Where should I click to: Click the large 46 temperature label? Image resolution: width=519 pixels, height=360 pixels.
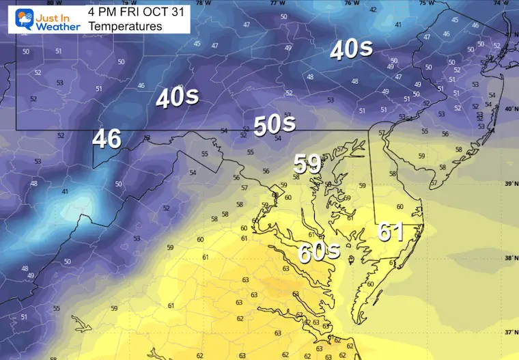pos(107,139)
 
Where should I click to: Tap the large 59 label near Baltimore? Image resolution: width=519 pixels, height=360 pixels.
pos(307,164)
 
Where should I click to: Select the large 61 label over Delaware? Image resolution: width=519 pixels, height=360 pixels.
pos(391,232)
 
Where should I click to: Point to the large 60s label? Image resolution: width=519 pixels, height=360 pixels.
pos(318,251)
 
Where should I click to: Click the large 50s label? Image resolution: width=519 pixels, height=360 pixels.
pos(274,124)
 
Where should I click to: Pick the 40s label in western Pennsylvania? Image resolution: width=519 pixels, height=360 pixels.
pos(177,98)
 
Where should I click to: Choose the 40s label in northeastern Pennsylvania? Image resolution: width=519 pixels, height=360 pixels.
pos(351,49)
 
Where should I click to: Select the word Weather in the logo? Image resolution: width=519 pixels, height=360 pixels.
pos(55,26)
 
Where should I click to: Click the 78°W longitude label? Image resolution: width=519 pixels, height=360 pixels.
pos(200,3)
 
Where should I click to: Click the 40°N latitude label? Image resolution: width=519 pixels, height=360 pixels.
pos(509,109)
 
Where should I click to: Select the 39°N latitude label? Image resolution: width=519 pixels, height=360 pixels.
pos(509,184)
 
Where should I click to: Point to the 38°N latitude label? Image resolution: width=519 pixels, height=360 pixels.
pos(509,258)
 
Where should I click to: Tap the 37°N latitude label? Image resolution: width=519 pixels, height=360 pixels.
pos(509,332)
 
